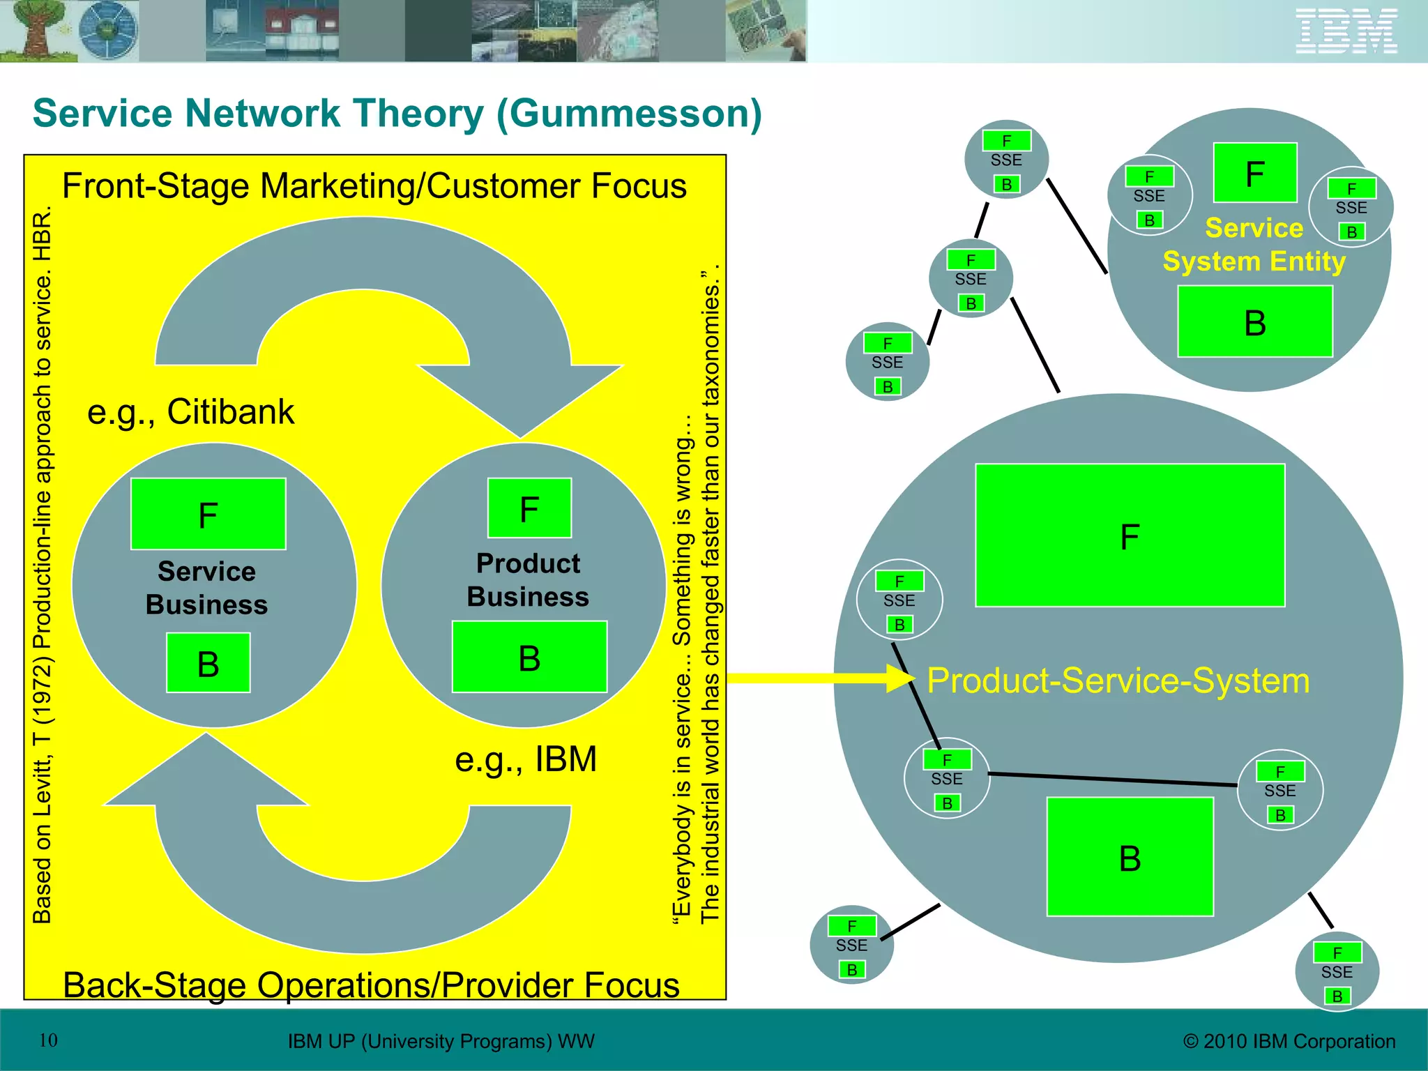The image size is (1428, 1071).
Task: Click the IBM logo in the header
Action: click(1346, 31)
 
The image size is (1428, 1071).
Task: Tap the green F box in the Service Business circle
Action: click(208, 514)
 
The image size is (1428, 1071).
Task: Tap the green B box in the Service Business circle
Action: click(208, 663)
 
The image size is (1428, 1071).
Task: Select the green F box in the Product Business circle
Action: click(529, 508)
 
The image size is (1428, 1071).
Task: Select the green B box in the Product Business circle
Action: click(529, 657)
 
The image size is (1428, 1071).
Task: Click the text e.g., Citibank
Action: click(190, 411)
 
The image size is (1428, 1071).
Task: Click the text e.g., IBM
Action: click(526, 759)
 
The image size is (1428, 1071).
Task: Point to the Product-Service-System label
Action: click(1118, 681)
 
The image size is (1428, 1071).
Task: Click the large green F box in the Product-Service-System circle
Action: click(1130, 535)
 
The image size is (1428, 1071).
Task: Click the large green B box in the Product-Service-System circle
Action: click(1130, 857)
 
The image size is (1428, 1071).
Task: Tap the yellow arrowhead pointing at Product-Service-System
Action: click(899, 678)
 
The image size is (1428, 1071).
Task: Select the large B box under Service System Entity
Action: click(1255, 322)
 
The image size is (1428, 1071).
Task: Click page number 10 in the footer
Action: click(48, 1040)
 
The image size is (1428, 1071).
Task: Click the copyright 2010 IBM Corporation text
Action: click(1289, 1041)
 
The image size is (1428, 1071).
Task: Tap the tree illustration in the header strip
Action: click(35, 29)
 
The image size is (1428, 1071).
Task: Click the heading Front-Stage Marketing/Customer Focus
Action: click(374, 186)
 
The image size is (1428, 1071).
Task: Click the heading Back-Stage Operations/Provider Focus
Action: click(371, 985)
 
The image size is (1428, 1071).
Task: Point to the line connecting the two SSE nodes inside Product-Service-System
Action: click(1113, 780)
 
